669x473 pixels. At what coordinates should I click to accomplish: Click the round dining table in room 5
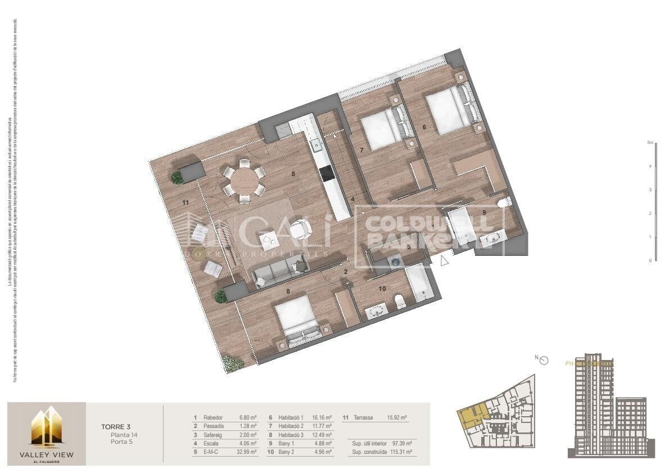point(245,181)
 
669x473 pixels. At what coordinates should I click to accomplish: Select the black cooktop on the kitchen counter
point(326,174)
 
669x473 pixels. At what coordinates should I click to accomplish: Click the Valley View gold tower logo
point(46,427)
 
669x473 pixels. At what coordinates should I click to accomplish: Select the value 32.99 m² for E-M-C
point(248,452)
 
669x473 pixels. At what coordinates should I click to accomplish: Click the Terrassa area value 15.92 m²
point(397,418)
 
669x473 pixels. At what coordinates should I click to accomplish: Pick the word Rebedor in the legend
point(214,418)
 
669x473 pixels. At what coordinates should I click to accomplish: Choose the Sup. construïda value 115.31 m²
point(401,452)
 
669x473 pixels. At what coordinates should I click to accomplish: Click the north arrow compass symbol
point(543,361)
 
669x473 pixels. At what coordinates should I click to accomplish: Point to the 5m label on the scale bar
point(650,143)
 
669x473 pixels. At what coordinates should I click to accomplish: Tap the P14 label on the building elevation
point(569,363)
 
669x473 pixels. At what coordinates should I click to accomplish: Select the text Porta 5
point(122,443)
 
